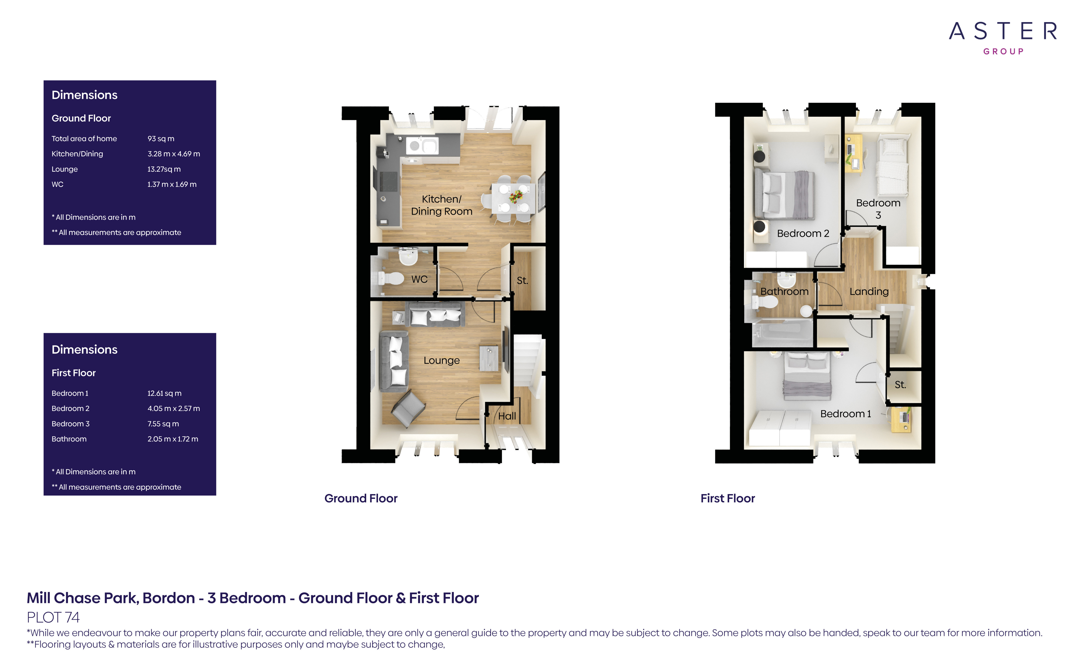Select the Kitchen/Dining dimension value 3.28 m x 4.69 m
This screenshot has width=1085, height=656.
tap(174, 154)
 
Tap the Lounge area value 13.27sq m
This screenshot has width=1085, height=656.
tap(164, 169)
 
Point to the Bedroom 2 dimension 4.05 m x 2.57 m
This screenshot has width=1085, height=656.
tap(174, 408)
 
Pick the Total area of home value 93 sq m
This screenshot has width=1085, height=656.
tap(161, 138)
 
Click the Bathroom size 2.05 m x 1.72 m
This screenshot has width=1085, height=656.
tap(173, 439)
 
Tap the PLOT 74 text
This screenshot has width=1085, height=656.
tap(53, 617)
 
